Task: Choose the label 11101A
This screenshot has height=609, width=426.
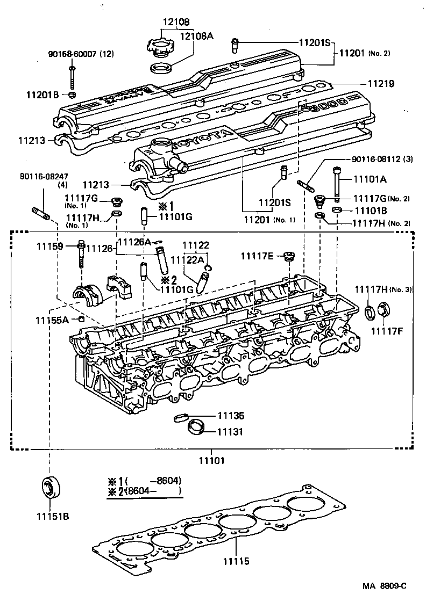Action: click(x=370, y=179)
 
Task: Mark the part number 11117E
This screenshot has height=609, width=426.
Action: click(x=257, y=256)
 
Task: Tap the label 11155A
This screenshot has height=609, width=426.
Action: click(x=52, y=320)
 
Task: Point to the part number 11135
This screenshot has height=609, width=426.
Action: click(x=231, y=416)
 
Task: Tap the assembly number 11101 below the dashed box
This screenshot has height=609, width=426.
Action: click(x=211, y=460)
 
